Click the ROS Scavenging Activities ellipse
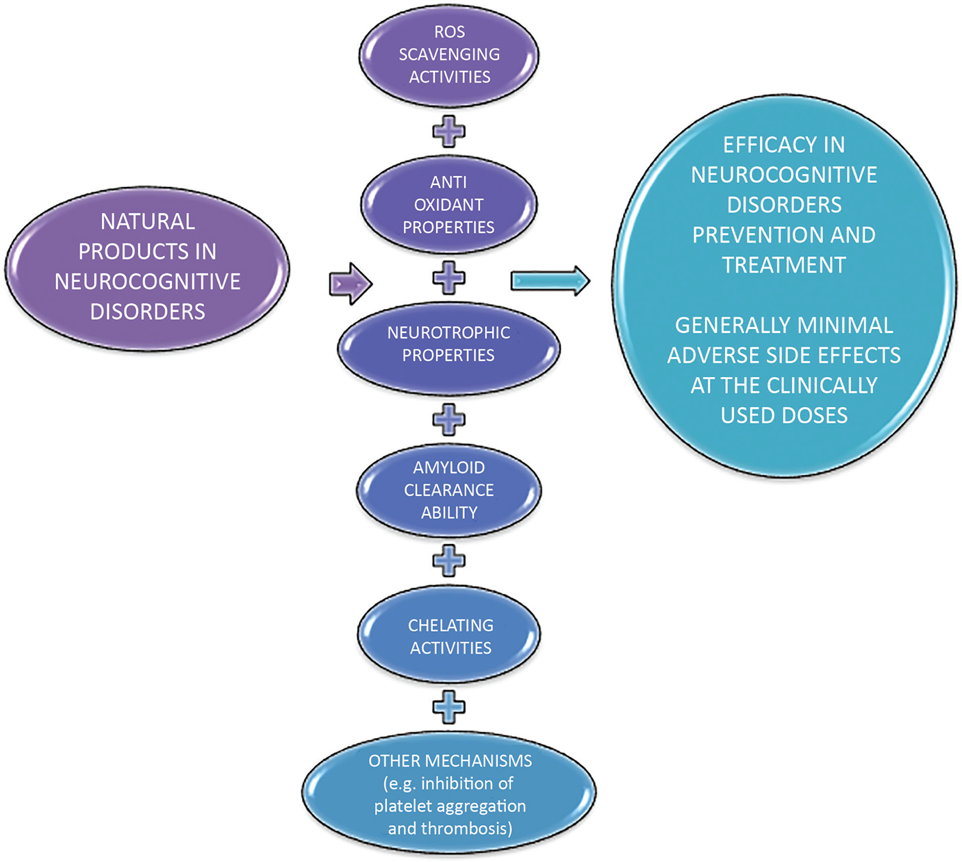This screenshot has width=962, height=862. [x=449, y=55]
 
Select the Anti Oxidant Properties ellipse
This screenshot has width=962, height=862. [x=449, y=205]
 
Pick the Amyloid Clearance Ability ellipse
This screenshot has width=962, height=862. [x=449, y=490]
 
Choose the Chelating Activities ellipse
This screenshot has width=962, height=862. [x=449, y=636]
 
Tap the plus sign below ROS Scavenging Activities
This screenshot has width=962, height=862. [x=449, y=131]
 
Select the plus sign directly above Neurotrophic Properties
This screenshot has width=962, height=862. [x=449, y=278]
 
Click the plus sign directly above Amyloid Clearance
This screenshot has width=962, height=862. [x=449, y=419]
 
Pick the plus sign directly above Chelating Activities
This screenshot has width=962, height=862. [x=449, y=561]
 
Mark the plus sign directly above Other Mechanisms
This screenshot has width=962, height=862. [x=449, y=707]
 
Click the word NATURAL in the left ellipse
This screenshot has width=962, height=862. [x=148, y=221]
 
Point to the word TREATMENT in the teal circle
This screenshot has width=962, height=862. [x=784, y=265]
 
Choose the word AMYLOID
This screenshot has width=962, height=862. [x=449, y=467]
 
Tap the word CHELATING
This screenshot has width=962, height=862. [x=451, y=625]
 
